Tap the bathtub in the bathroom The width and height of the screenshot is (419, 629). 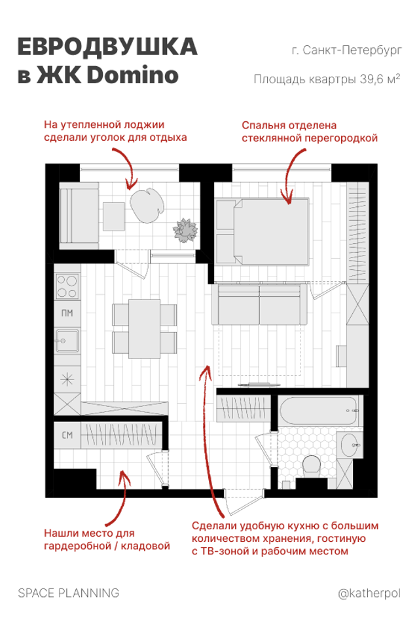pyautogui.click(x=318, y=411)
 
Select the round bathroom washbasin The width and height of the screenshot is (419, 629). pyautogui.click(x=349, y=445)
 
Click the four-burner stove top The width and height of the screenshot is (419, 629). pyautogui.click(x=67, y=286)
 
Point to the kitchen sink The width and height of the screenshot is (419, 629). pyautogui.click(x=67, y=341)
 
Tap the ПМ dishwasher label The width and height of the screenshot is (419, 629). pyautogui.click(x=67, y=313)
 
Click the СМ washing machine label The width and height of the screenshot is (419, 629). pyautogui.click(x=67, y=435)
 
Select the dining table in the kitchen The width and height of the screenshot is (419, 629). pyautogui.click(x=144, y=328)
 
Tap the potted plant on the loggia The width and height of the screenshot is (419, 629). pyautogui.click(x=185, y=230)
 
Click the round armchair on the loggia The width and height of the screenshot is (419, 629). pyautogui.click(x=147, y=205)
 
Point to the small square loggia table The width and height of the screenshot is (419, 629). pyautogui.click(x=114, y=216)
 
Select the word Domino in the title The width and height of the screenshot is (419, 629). pyautogui.click(x=132, y=75)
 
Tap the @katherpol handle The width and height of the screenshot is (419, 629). pyautogui.click(x=369, y=594)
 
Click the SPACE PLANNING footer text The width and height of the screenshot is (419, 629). pyautogui.click(x=69, y=593)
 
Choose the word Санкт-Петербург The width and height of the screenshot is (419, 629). pyautogui.click(x=352, y=50)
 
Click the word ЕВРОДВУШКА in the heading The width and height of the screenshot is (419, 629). pyautogui.click(x=107, y=47)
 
